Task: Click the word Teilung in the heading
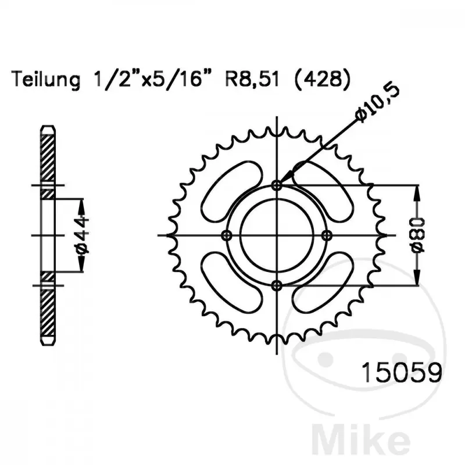tap(46, 80)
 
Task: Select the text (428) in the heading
tap(323, 79)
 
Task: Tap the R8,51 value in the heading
tap(252, 79)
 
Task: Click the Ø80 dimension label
tap(417, 236)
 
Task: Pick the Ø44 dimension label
tap(82, 235)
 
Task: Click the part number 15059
tap(402, 373)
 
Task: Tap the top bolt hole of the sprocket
tap(277, 186)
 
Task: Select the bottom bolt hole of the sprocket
tap(277, 285)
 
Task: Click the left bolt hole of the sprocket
tap(227, 236)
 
